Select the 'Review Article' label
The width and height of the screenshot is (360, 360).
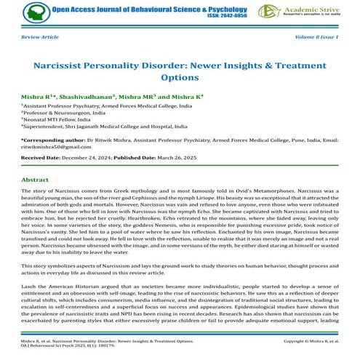pyautogui.click(x=41, y=36)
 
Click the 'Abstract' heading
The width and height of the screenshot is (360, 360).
pyautogui.click(x=35, y=179)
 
